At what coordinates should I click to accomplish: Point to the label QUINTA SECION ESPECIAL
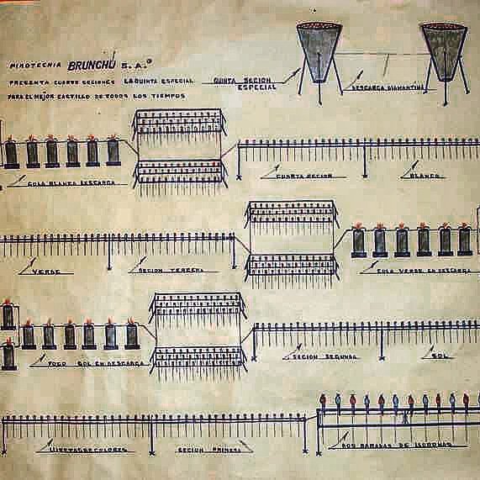click(238, 82)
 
